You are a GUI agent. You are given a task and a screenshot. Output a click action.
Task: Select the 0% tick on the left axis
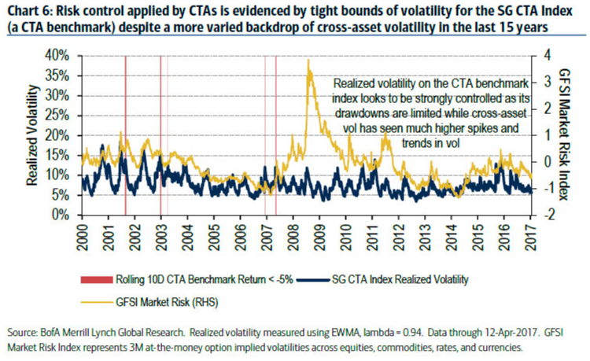[x=59, y=214]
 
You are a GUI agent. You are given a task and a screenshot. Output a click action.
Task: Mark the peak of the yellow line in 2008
[x=308, y=61]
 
